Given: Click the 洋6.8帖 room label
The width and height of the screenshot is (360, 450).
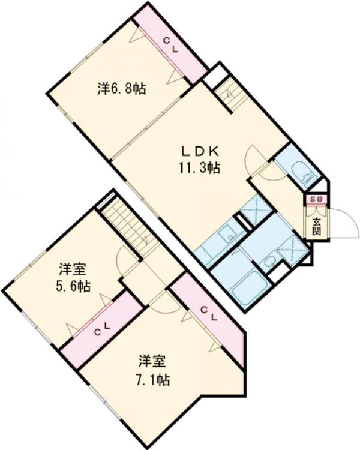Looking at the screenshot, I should coord(122,89).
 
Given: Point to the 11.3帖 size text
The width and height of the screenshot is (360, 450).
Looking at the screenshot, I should coord(198,168).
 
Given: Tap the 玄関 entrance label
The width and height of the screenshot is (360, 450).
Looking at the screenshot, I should coord(316,227).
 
